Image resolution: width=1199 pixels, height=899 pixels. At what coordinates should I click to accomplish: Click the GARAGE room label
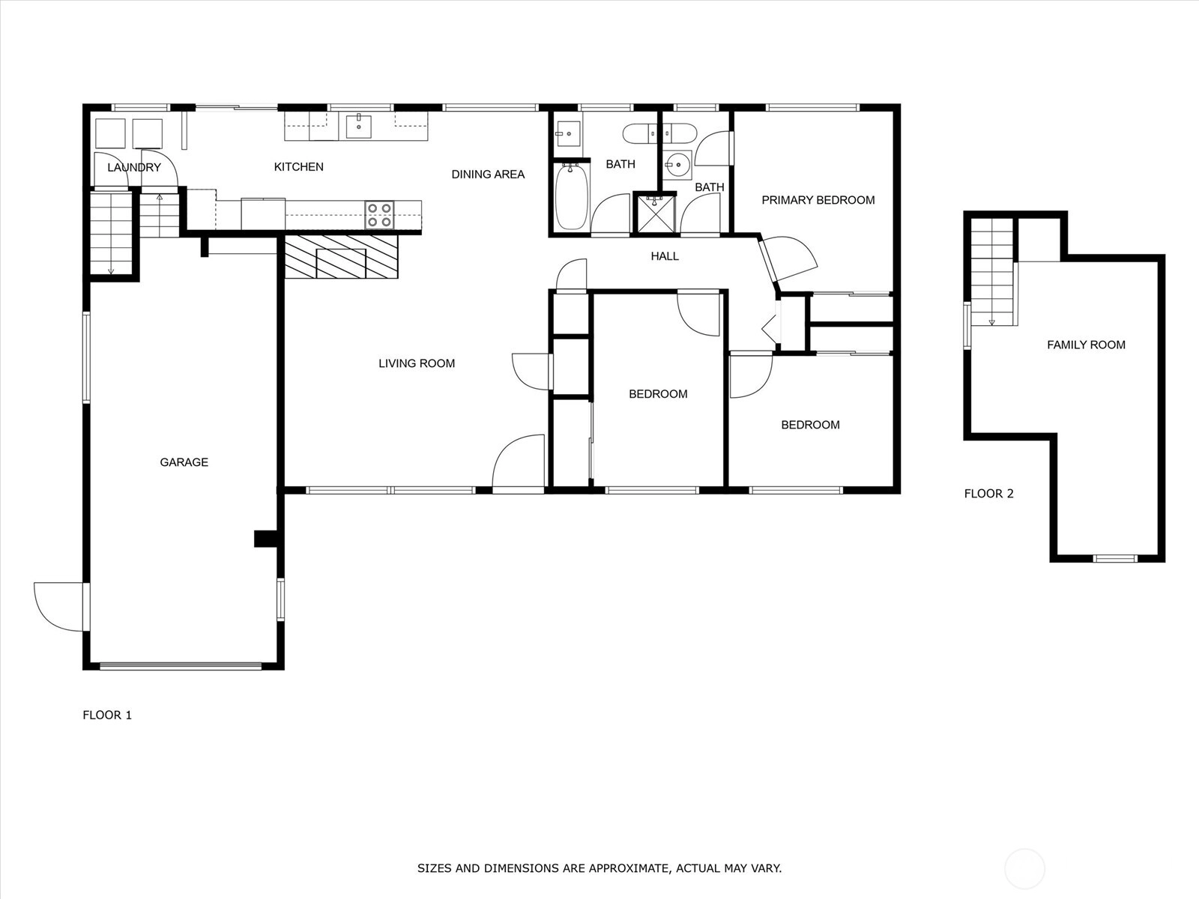184,462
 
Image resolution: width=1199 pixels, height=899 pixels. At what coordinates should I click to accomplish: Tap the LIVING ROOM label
417,363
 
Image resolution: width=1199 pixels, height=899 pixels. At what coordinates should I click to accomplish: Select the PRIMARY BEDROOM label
818,200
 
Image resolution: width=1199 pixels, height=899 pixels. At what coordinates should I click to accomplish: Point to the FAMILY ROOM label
1086,345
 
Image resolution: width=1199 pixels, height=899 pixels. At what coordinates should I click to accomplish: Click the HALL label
665,256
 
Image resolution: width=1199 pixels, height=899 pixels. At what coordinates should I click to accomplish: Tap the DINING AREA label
488,175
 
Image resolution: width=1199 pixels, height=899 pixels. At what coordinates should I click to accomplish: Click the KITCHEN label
299,167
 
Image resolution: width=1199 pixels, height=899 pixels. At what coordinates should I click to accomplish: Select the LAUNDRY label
134,168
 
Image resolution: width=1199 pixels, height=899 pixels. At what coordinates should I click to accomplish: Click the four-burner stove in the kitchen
380,215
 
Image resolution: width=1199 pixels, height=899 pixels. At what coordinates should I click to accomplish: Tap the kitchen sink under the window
359,127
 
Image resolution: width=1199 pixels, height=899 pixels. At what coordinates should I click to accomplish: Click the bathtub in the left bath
571,196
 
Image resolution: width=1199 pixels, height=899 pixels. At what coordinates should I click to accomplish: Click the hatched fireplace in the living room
342,256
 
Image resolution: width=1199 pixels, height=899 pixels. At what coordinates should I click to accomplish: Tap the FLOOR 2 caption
988,494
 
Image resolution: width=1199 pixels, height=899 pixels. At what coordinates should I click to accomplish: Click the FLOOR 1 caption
107,715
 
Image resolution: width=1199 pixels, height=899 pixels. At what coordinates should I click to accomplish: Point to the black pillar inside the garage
267,539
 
